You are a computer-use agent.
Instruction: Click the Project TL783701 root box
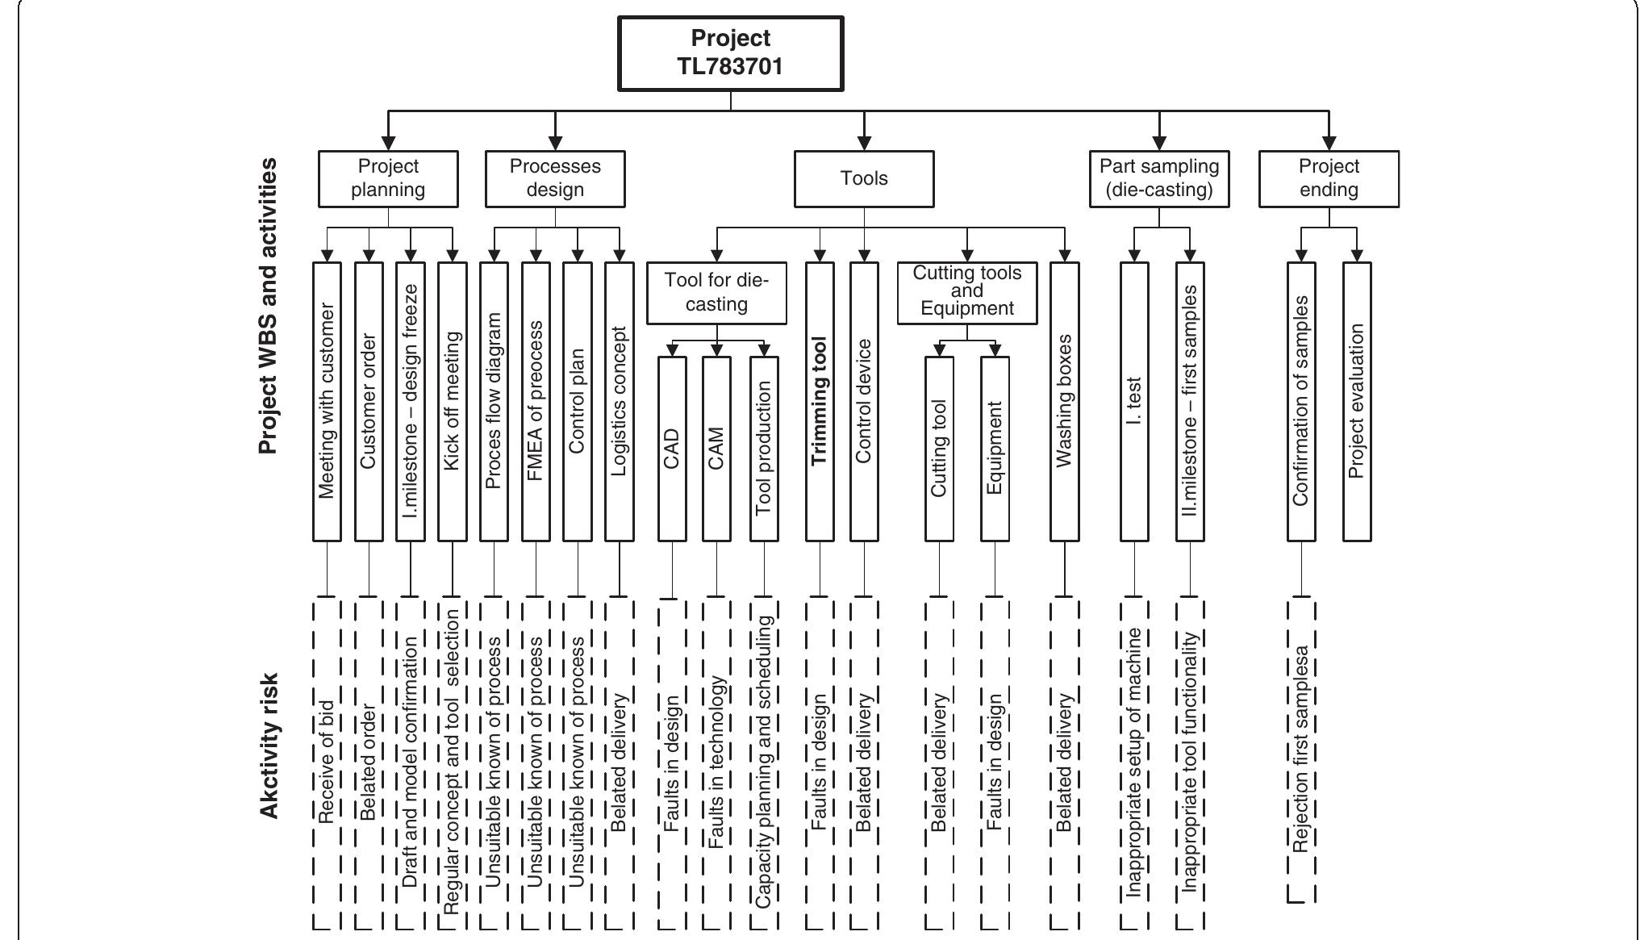tap(731, 53)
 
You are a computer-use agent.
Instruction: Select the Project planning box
tap(388, 178)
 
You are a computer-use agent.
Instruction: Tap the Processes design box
tap(555, 178)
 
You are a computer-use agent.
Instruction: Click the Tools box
tap(864, 178)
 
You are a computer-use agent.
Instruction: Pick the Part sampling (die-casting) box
tap(1159, 178)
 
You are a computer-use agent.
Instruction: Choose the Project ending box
tap(1329, 178)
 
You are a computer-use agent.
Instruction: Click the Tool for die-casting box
tap(716, 292)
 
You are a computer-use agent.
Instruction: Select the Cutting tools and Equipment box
tap(967, 292)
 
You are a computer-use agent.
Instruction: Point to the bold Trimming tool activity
tap(820, 401)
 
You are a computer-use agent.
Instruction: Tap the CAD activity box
tap(672, 449)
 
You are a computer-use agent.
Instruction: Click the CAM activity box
tap(716, 449)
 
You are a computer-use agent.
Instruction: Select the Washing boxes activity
tap(1064, 401)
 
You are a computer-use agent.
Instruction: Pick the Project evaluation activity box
tap(1357, 401)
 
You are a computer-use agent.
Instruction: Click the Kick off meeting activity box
tap(452, 401)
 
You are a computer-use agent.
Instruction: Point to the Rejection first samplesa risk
tap(1300, 749)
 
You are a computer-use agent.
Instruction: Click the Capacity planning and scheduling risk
tap(764, 762)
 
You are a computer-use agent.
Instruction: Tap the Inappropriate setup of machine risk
tap(1134, 762)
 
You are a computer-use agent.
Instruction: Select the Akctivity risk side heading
tap(270, 746)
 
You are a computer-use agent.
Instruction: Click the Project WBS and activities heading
tap(269, 307)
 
